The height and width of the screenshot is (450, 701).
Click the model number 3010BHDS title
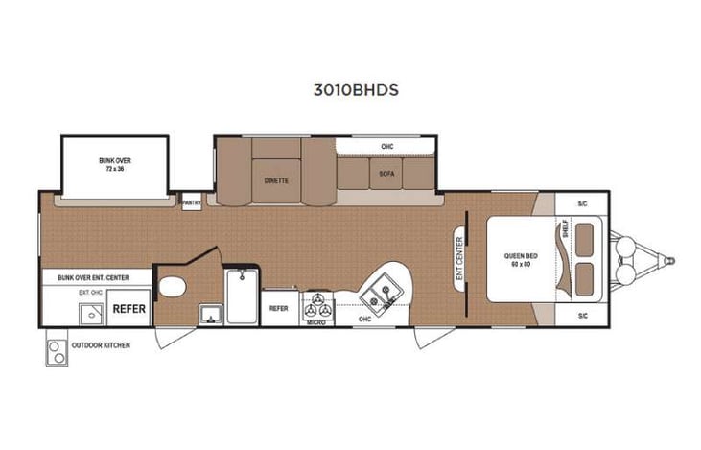pyautogui.click(x=355, y=91)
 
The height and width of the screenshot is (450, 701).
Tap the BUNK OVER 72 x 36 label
pyautogui.click(x=115, y=164)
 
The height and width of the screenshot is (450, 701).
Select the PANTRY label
pyautogui.click(x=192, y=202)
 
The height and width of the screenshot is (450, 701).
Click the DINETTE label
pyautogui.click(x=277, y=179)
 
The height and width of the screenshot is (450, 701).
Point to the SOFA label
pyautogui.click(x=386, y=174)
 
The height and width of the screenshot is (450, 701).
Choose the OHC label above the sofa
pyautogui.click(x=387, y=147)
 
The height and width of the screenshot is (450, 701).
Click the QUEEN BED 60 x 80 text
pyautogui.click(x=520, y=259)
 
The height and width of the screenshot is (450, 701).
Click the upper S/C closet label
pyautogui.click(x=582, y=205)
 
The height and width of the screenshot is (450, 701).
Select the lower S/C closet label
pyautogui.click(x=582, y=315)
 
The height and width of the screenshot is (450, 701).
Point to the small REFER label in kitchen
pyautogui.click(x=279, y=309)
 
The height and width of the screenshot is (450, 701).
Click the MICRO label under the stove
pyautogui.click(x=317, y=323)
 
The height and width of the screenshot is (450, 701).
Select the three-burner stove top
pyautogui.click(x=317, y=307)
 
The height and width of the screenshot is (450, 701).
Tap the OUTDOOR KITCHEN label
pyautogui.click(x=101, y=345)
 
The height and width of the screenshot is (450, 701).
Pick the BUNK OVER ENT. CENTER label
pyautogui.click(x=93, y=277)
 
